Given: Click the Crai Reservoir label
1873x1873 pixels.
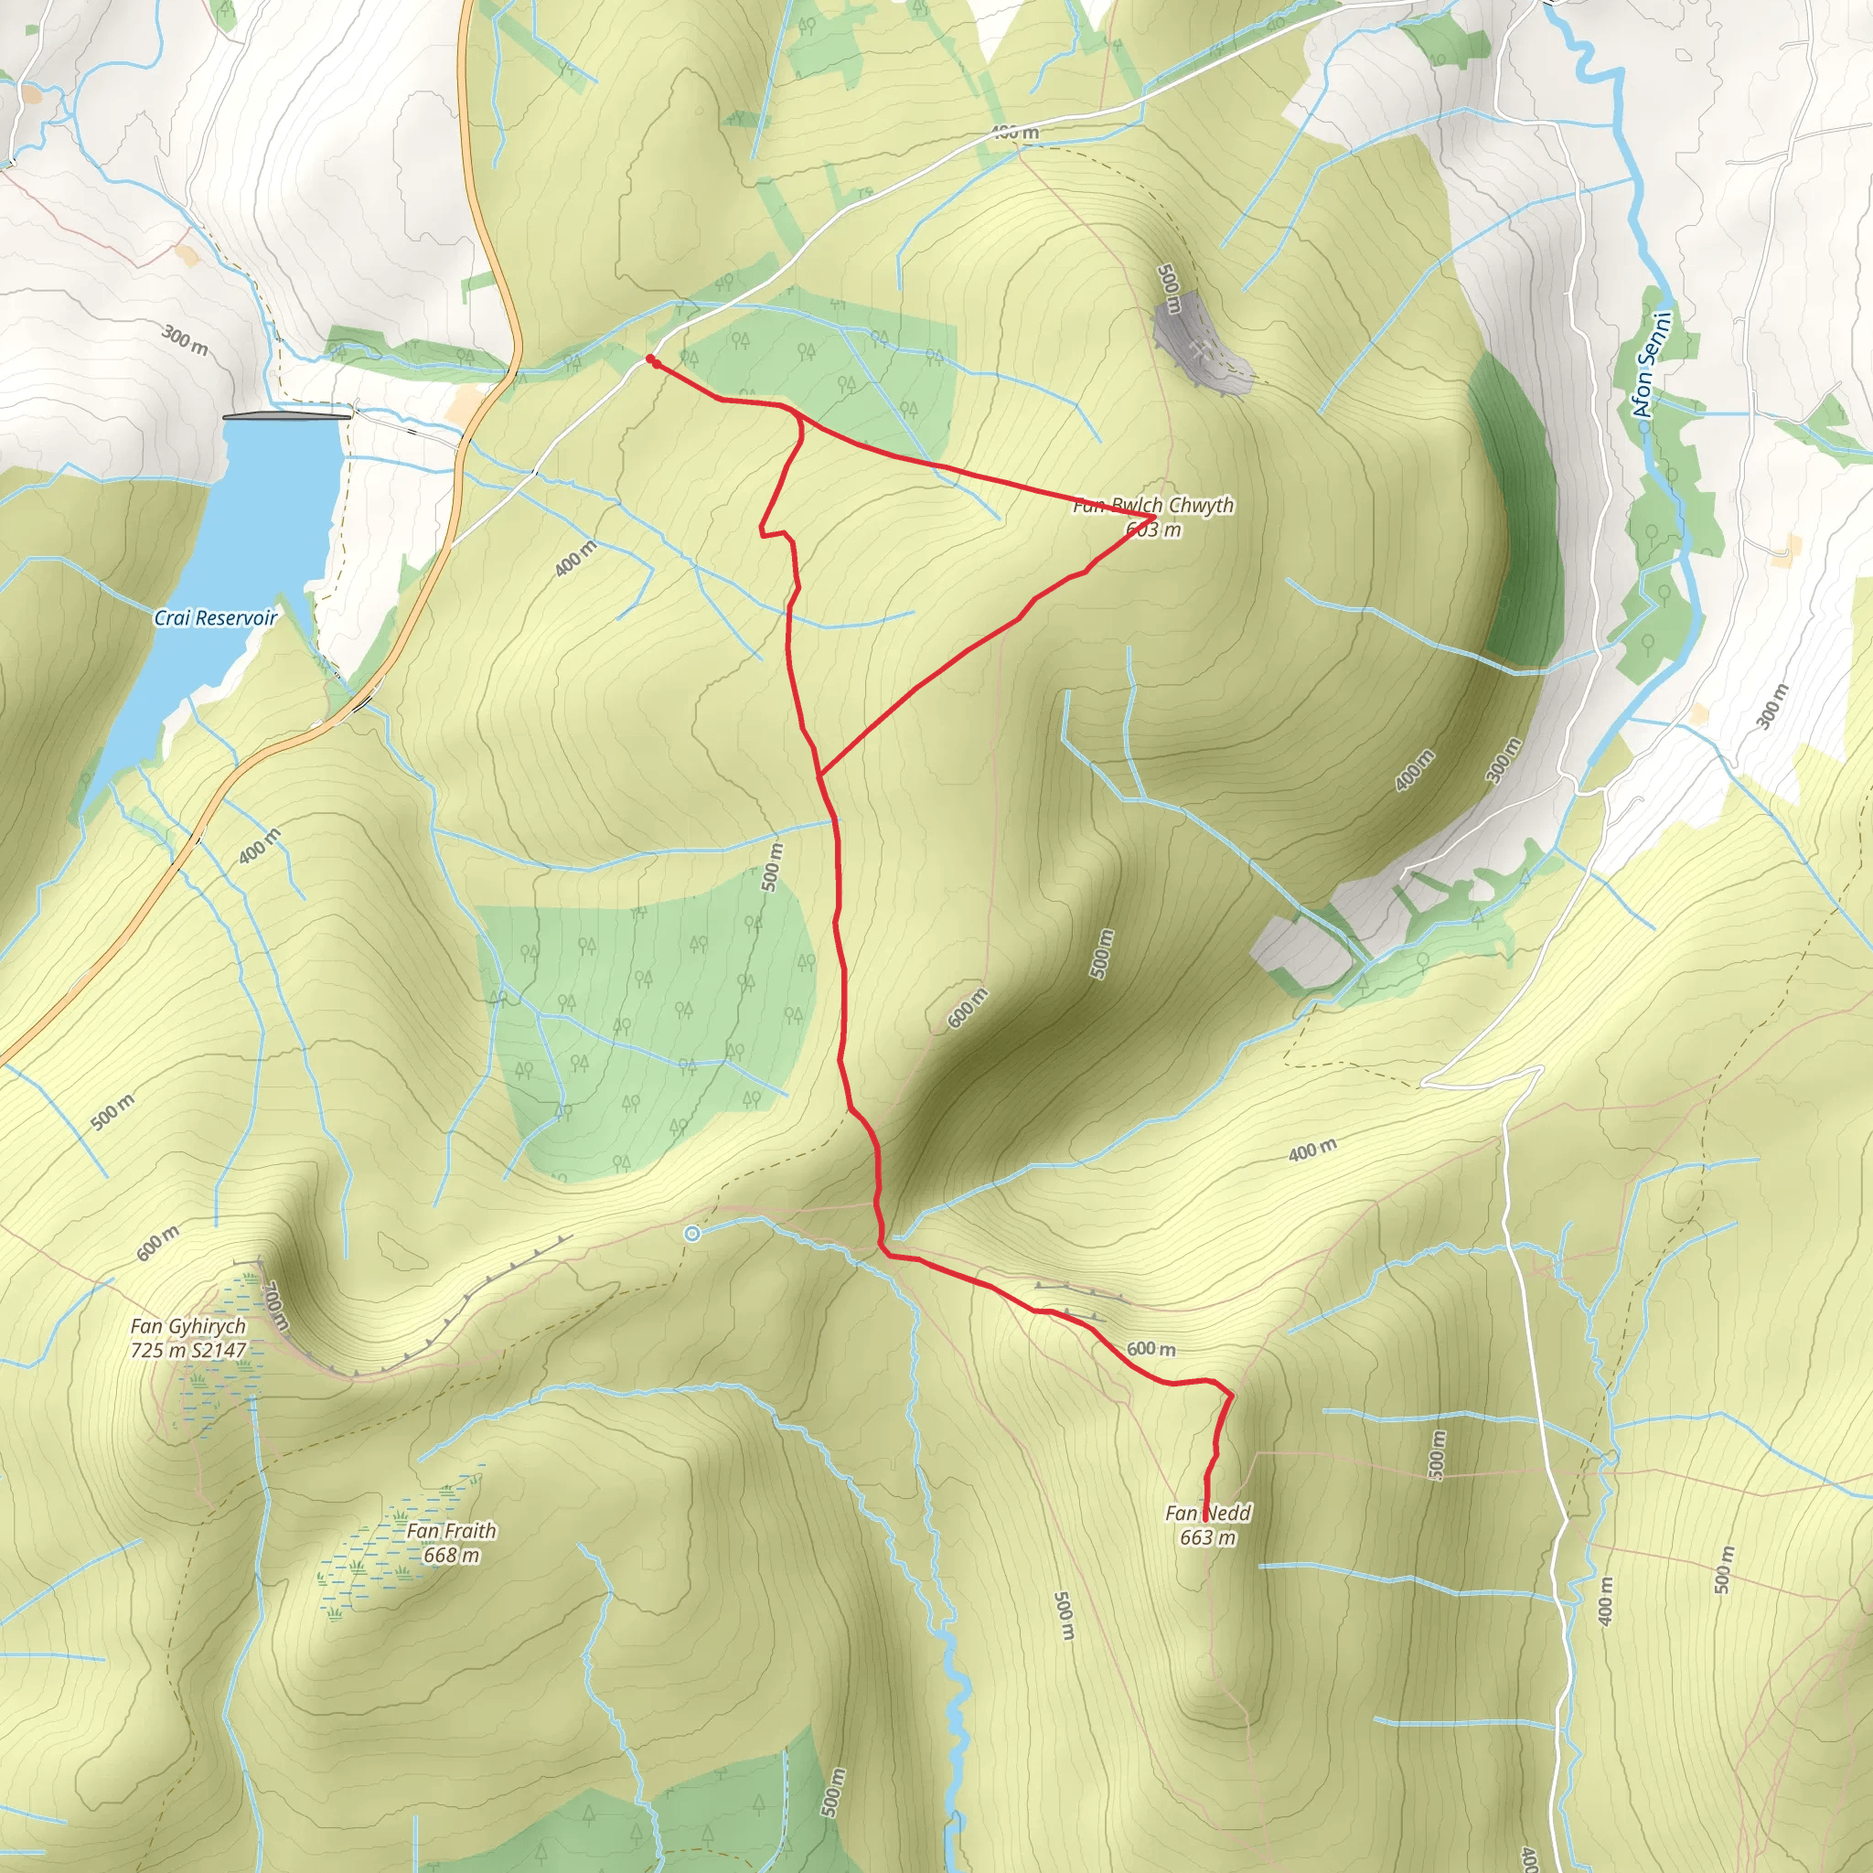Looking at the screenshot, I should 215,618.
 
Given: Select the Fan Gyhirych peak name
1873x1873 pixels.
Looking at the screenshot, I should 188,1326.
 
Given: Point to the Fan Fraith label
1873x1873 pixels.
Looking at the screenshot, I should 451,1531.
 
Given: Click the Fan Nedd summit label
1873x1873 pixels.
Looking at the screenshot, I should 1208,1514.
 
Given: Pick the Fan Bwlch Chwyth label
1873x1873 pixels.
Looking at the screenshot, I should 1152,505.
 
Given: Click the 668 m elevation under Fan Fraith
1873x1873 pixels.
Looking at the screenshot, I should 451,1555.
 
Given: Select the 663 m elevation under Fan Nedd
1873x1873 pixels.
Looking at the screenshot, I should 1208,1537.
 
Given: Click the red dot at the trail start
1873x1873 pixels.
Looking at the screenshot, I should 650,359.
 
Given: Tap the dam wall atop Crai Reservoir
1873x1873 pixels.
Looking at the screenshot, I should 286,417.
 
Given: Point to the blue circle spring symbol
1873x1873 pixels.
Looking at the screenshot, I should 691,1234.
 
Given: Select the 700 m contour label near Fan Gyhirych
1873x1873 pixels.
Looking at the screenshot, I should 274,1307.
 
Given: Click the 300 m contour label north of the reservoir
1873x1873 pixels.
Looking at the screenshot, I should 184,340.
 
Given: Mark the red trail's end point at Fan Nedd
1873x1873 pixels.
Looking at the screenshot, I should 1205,1517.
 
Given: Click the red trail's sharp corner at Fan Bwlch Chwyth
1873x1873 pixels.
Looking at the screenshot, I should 1150,515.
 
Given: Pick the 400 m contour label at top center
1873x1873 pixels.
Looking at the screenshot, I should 1014,132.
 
